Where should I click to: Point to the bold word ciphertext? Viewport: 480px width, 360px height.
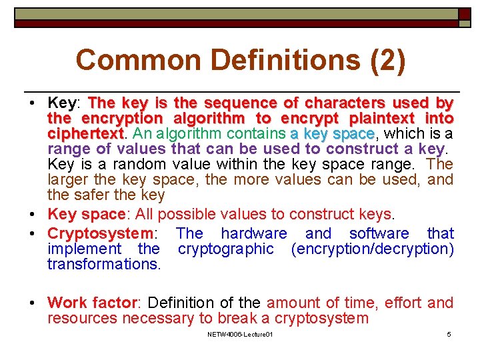pos(85,134)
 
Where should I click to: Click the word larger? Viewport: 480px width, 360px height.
pos(69,179)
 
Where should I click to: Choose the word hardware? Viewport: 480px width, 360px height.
pos(253,233)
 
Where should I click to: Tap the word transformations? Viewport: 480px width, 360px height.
pos(104,264)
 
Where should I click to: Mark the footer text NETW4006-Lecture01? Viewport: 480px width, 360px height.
pos(240,333)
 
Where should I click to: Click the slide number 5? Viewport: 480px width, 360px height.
pos(449,333)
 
